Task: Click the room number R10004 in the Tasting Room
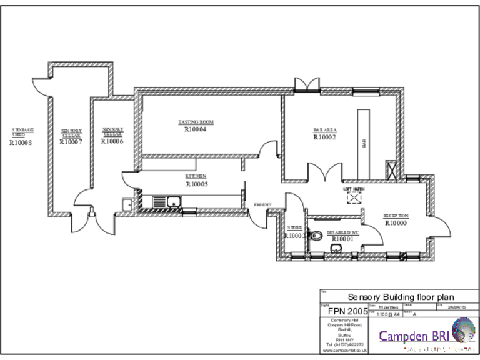coord(196,130)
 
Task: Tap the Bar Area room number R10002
coord(324,137)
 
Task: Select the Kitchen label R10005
coord(196,184)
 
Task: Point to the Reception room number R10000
coord(396,222)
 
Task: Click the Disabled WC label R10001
coord(342,238)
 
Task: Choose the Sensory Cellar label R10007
coord(71,142)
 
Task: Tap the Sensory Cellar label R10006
coord(112,141)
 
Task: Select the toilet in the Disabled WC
coord(317,235)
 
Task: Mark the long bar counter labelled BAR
coord(364,142)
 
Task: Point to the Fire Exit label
coord(261,206)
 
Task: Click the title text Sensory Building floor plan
coord(401,297)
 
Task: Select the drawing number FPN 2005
coord(349,311)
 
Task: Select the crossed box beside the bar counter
coord(392,170)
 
